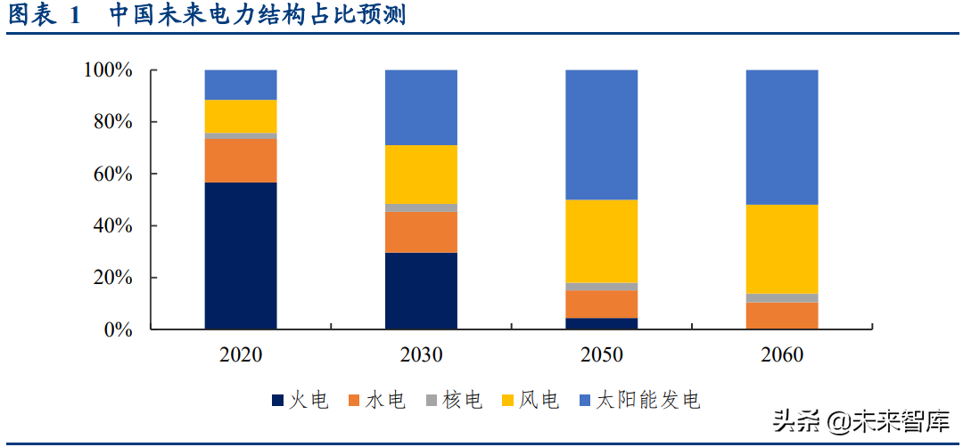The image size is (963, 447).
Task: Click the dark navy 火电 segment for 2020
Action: click(x=240, y=256)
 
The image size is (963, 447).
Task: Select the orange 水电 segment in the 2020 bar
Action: click(x=240, y=160)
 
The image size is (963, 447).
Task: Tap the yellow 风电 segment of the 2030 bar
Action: click(x=421, y=175)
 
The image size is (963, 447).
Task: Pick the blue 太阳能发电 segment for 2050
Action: click(x=601, y=134)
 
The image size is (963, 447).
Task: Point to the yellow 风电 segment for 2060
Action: click(x=782, y=249)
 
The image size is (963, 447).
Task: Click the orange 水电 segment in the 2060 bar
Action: click(x=782, y=315)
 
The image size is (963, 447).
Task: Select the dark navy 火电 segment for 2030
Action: click(x=421, y=291)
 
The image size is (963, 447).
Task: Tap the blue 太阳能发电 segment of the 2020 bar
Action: click(x=240, y=85)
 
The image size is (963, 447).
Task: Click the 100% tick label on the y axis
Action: click(x=107, y=70)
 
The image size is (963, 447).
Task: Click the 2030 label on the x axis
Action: click(x=421, y=355)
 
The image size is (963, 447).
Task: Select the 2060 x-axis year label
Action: click(x=782, y=355)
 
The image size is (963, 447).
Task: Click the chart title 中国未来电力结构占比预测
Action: click(x=258, y=15)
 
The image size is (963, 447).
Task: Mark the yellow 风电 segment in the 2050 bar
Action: click(x=601, y=241)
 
